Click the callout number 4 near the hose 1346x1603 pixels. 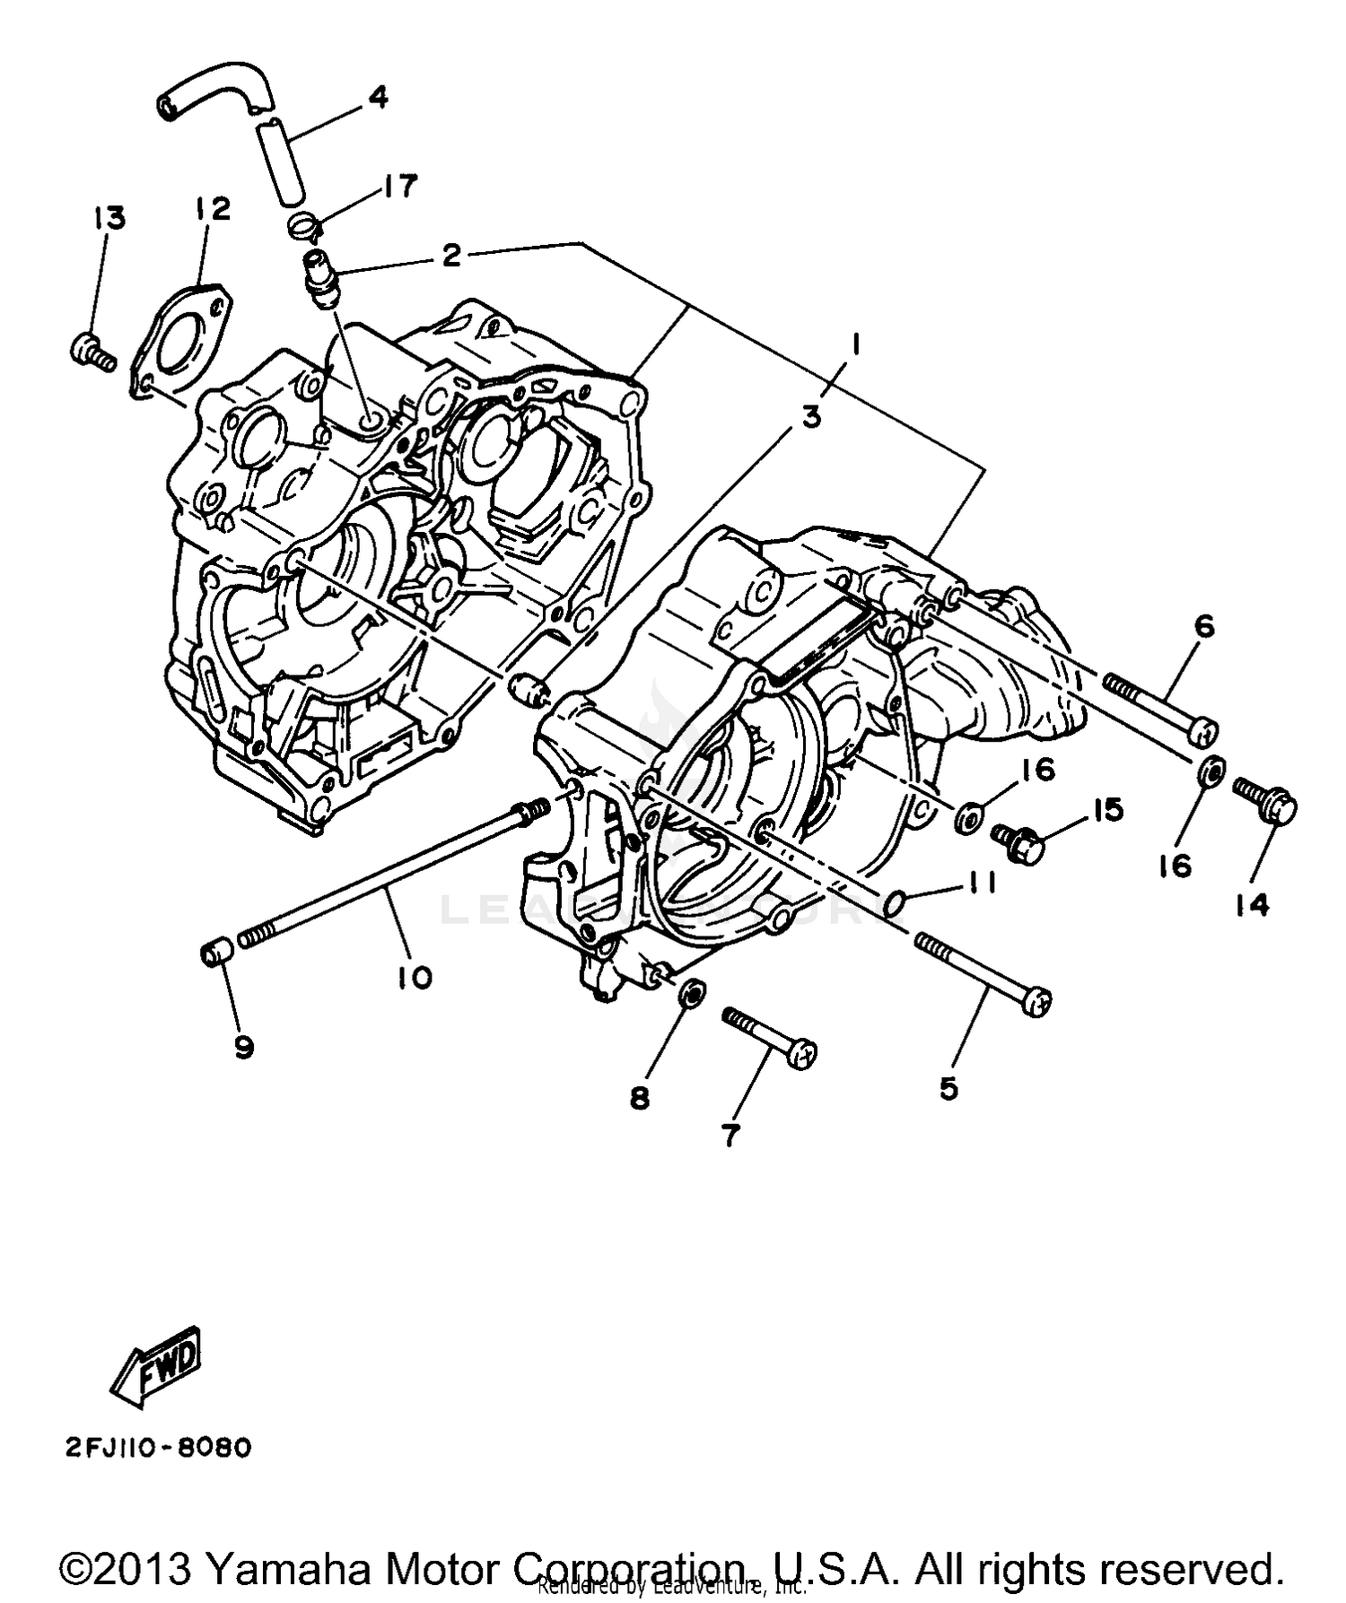[x=379, y=97]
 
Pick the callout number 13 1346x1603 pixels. [x=109, y=218]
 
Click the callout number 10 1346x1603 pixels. [x=415, y=977]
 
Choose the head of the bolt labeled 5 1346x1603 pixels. [x=1037, y=1002]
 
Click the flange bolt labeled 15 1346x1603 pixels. [x=1019, y=841]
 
